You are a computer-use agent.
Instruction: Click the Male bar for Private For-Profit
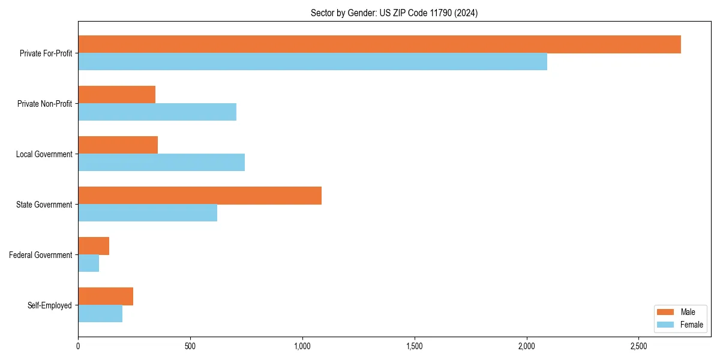(379, 44)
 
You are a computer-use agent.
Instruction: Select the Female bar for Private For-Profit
(312, 62)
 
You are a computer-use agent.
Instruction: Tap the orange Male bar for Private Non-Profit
(116, 95)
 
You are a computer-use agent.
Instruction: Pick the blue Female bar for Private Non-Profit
(157, 112)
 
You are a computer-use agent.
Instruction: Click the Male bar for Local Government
(118, 145)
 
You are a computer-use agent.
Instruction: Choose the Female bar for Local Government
(161, 163)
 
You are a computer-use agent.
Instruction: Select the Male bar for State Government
(200, 196)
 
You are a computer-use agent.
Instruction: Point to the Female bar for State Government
(148, 213)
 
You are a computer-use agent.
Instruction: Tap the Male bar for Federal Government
(94, 246)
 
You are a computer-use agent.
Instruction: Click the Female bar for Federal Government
(88, 263)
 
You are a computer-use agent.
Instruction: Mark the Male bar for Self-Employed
(106, 296)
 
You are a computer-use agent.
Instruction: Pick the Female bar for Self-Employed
(100, 314)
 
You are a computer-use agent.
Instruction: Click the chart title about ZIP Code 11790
(394, 13)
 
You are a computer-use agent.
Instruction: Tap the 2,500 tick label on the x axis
(638, 347)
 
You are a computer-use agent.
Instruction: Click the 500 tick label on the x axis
(190, 347)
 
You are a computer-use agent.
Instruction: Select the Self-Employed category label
(50, 305)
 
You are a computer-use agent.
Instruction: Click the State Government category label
(44, 205)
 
